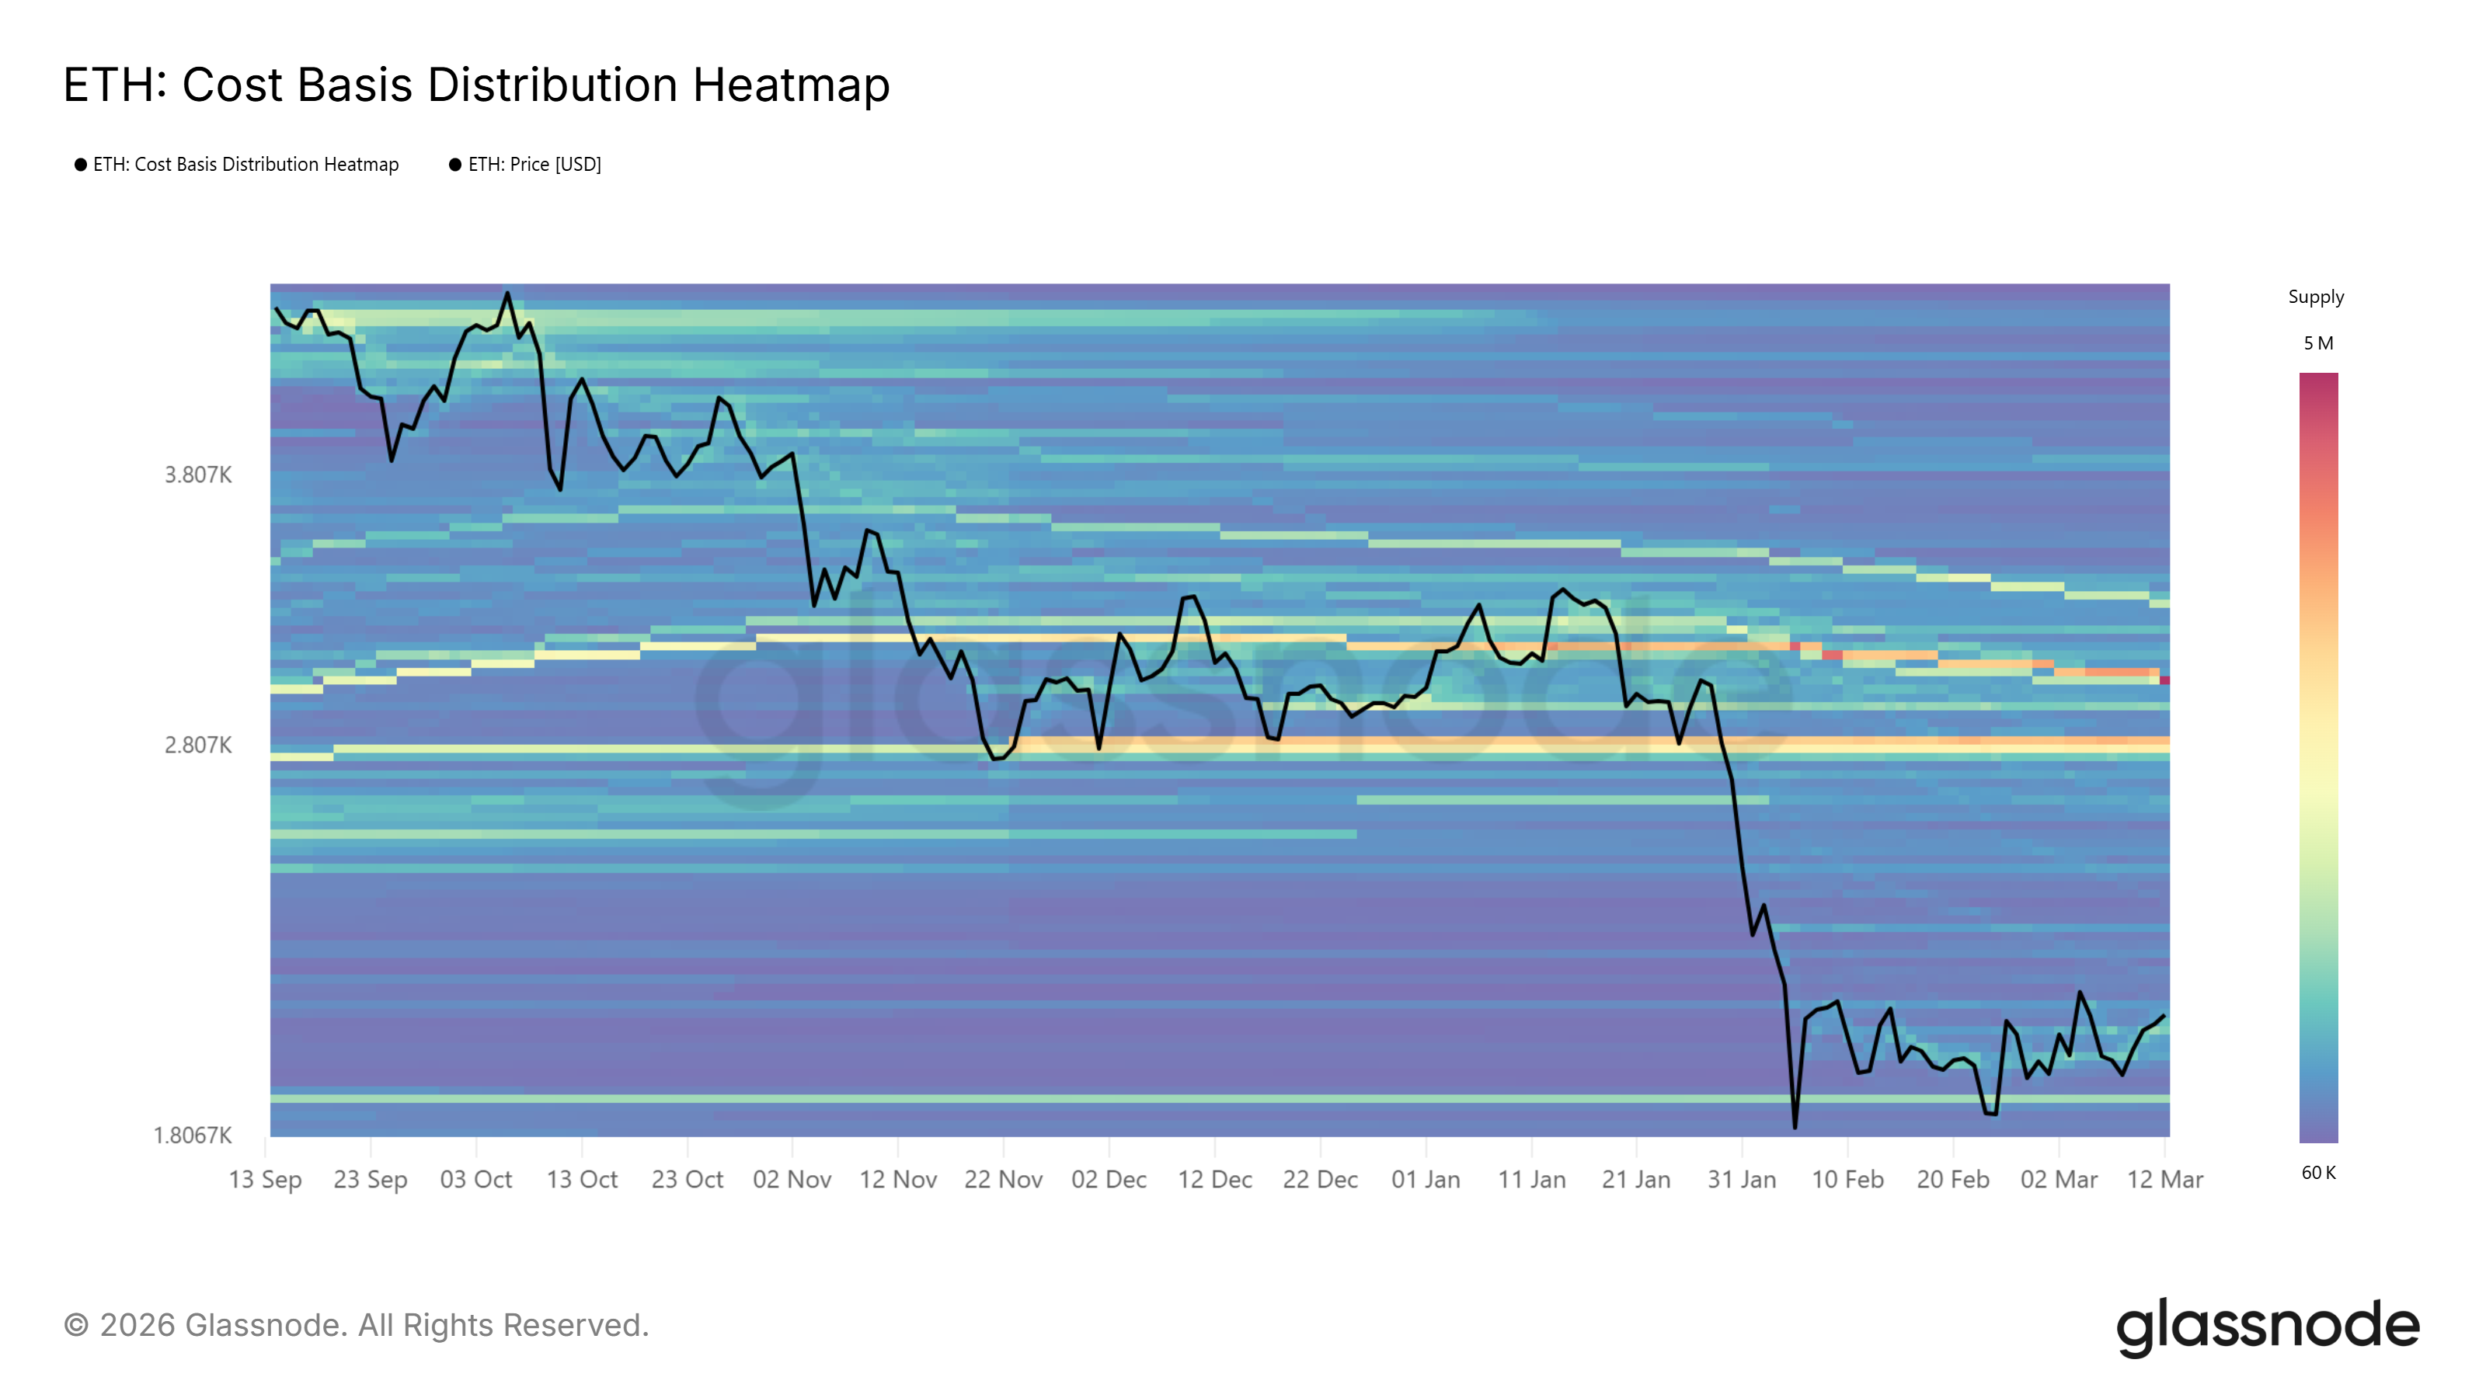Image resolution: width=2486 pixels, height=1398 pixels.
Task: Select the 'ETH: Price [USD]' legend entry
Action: point(534,165)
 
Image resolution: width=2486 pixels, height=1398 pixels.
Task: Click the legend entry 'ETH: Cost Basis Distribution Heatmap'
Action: point(245,165)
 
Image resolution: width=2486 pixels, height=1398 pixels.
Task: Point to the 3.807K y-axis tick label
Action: point(198,475)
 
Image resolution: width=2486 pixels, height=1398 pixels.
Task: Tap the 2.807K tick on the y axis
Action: point(198,745)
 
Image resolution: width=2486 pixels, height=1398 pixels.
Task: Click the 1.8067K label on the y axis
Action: point(193,1135)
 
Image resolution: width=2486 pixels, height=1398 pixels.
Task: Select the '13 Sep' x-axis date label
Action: point(266,1179)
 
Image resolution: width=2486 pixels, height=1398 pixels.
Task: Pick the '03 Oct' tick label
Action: point(475,1179)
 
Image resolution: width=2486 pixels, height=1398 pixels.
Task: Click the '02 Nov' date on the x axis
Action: point(792,1179)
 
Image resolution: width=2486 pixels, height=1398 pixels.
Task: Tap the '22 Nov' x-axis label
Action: point(1004,1179)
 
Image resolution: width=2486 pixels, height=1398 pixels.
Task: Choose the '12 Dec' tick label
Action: point(1215,1179)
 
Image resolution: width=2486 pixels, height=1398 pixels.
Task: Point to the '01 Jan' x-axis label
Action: point(1426,1179)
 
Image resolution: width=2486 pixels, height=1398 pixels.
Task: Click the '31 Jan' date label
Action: point(1742,1179)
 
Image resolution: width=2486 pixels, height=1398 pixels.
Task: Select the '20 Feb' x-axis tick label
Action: point(1953,1179)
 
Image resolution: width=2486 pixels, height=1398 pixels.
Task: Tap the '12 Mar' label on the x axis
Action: point(2164,1179)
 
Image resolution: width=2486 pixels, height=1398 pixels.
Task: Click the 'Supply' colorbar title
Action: point(2316,297)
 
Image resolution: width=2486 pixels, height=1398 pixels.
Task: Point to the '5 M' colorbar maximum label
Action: point(2318,343)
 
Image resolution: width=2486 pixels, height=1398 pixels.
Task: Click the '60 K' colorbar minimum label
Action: point(2318,1172)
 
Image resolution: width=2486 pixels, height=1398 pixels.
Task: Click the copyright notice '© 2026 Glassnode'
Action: point(356,1326)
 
